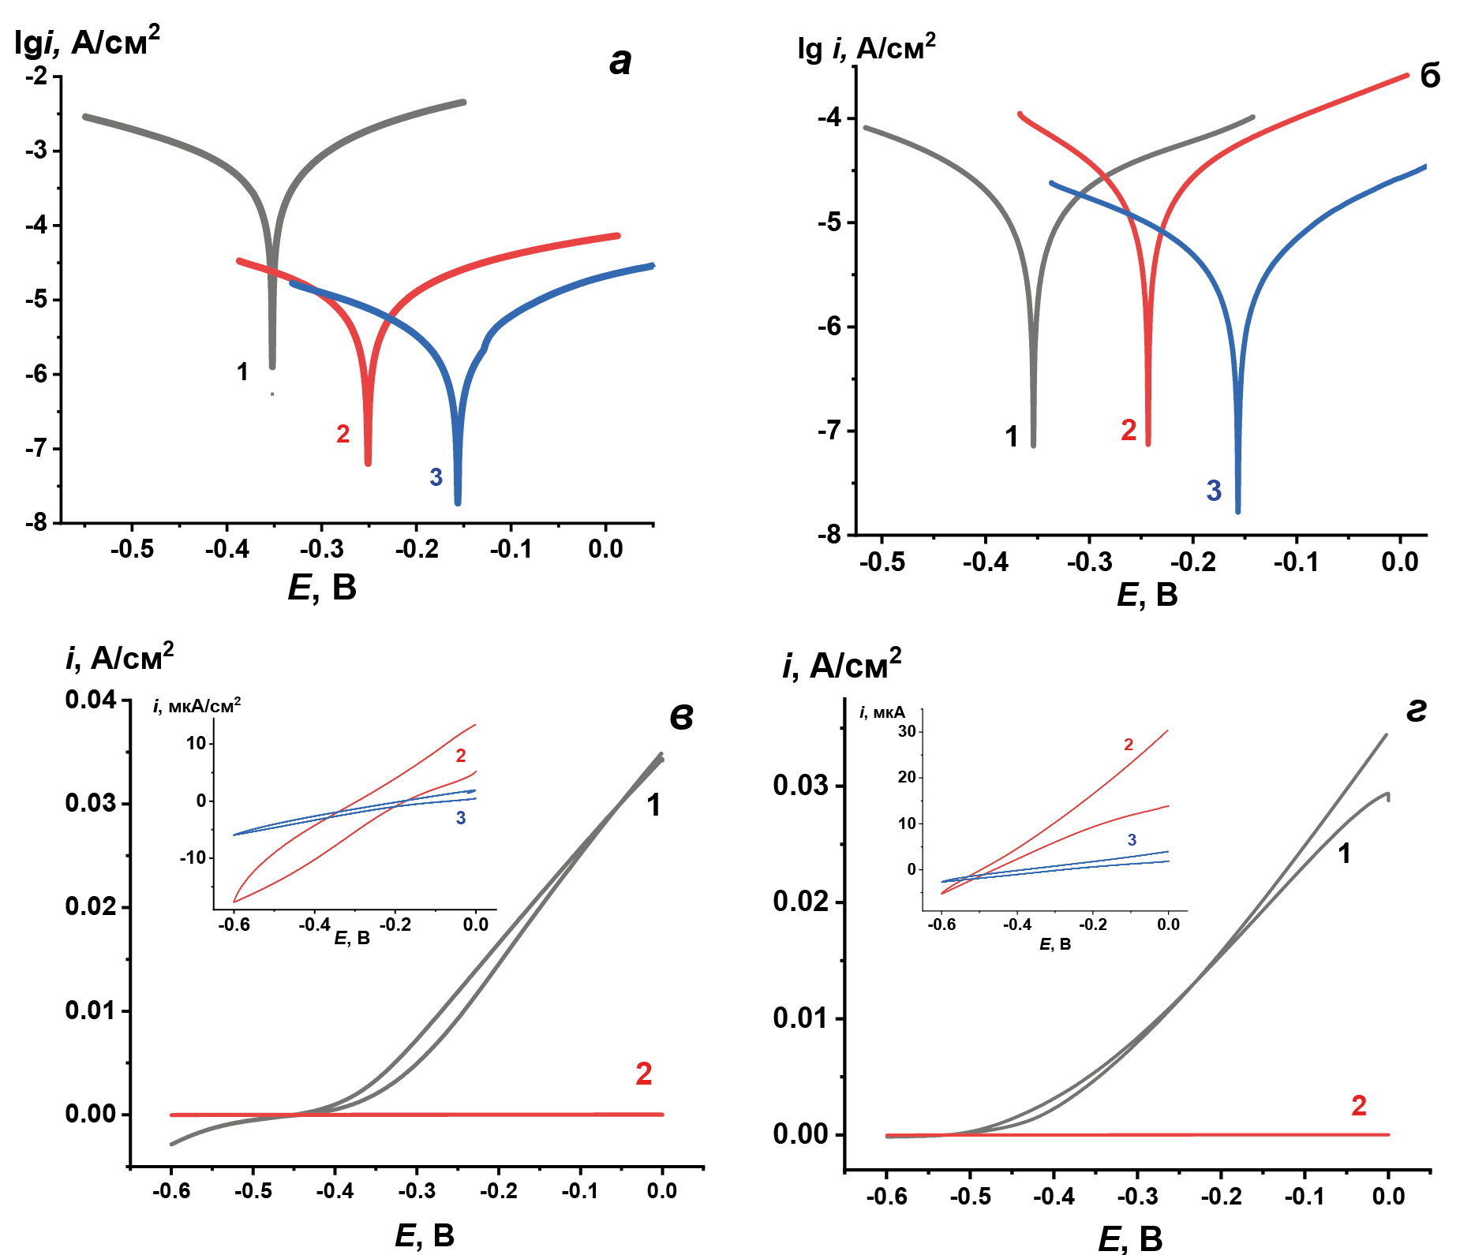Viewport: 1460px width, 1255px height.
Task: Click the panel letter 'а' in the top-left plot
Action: point(621,62)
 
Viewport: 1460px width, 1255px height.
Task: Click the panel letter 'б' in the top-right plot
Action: point(1429,77)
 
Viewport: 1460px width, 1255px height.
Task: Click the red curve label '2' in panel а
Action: point(343,434)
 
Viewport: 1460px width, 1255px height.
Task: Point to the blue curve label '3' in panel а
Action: point(436,477)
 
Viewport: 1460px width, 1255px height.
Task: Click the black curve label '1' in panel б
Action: point(1012,436)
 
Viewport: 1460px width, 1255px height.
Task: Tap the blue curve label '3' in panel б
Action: point(1214,491)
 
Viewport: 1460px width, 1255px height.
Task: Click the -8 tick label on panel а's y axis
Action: point(36,522)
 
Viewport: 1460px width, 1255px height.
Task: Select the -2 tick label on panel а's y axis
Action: point(36,77)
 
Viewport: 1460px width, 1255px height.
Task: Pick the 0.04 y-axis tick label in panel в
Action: point(91,700)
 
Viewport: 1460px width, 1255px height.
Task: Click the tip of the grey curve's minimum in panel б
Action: point(1034,445)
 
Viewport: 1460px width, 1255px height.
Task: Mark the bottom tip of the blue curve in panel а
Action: point(458,502)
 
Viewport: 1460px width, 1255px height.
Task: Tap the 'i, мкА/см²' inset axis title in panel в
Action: point(197,705)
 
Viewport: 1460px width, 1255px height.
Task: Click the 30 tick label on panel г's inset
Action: point(907,731)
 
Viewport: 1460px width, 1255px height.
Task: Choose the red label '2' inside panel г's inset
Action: point(1129,745)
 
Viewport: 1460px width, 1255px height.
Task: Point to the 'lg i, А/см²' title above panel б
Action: point(866,48)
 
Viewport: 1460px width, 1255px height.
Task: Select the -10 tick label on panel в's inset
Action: point(193,857)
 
